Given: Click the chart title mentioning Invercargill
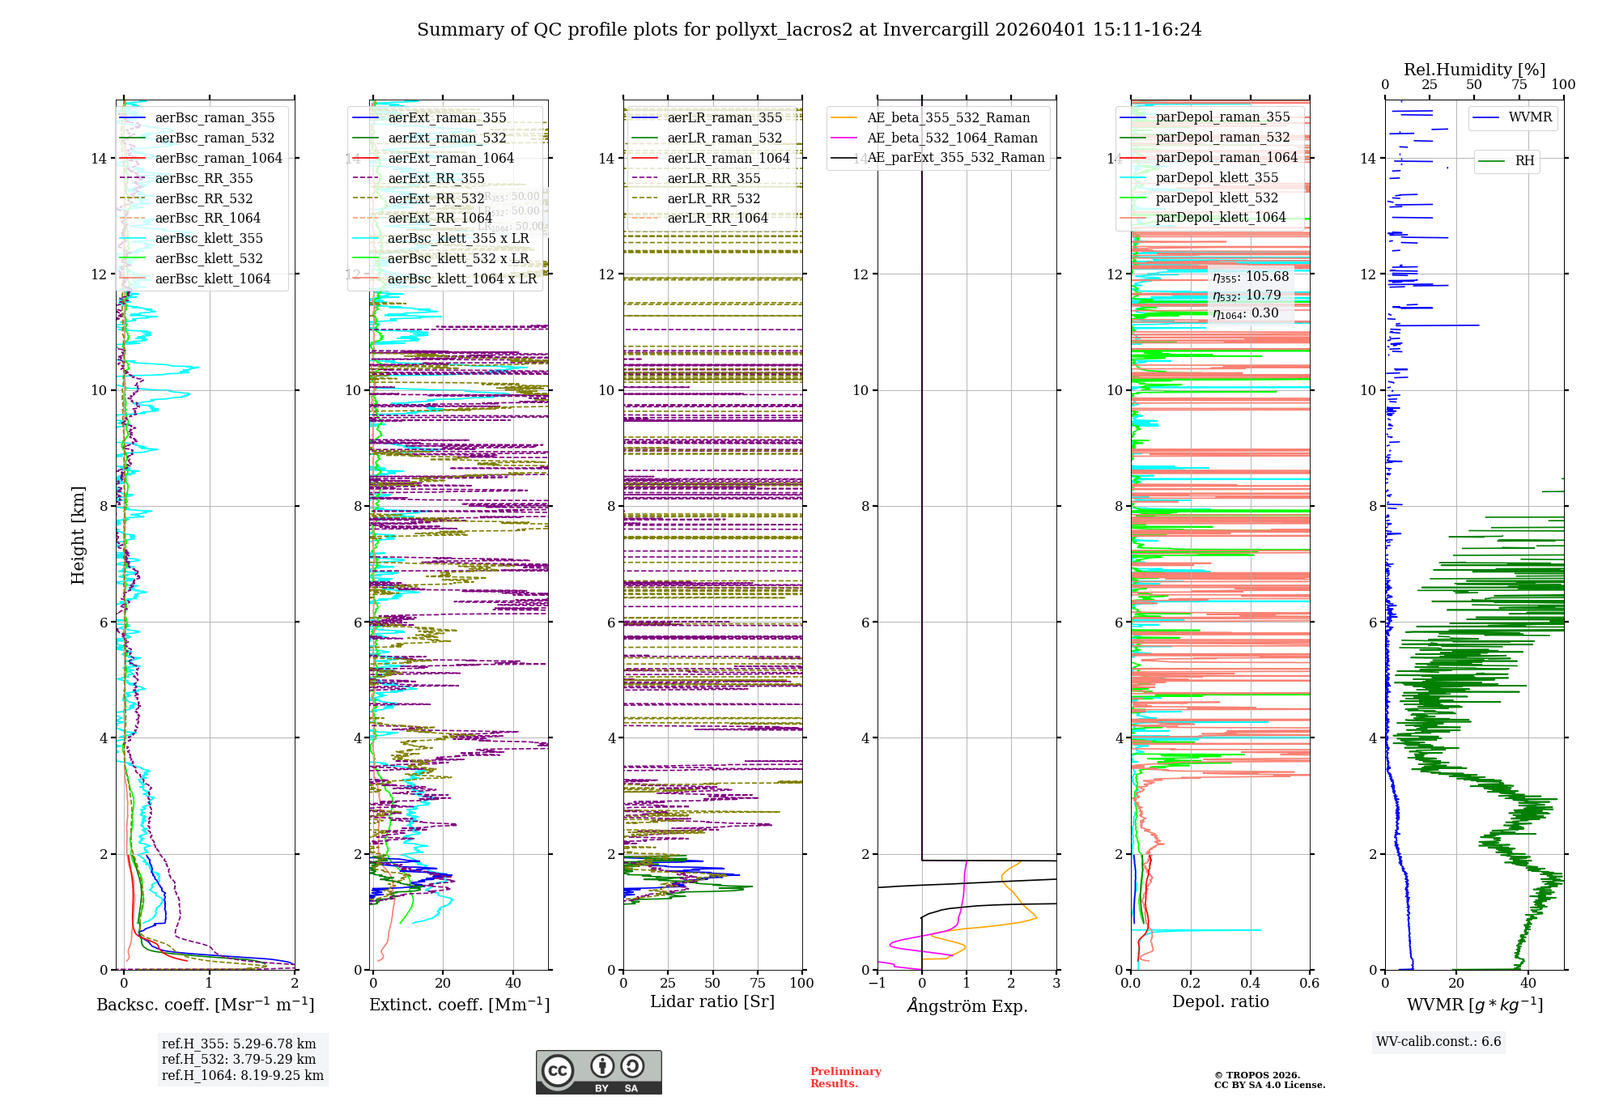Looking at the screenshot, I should tap(809, 30).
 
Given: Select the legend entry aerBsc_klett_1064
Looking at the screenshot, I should tap(213, 278).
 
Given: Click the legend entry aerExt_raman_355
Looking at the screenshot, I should tap(447, 117).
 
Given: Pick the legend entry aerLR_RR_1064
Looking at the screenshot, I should tap(717, 218).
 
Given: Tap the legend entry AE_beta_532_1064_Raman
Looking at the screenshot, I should tap(952, 138).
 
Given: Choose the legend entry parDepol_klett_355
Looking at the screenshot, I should tap(1217, 177).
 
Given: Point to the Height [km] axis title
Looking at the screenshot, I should tap(78, 535).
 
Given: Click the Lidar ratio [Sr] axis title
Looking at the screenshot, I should tap(712, 1001).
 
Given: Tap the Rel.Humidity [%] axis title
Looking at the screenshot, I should tap(1474, 70).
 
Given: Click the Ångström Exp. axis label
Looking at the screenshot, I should tap(967, 1005).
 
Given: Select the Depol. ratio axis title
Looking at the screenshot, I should tap(1220, 1001).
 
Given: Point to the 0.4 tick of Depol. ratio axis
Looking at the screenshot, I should tap(1250, 983).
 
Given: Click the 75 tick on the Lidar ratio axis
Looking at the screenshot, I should tap(758, 983).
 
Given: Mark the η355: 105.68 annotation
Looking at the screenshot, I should tap(1251, 277).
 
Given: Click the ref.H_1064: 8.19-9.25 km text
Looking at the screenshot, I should tap(242, 1075).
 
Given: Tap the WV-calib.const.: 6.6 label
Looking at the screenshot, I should tap(1438, 1041).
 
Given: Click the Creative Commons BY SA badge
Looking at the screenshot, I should tap(598, 1072).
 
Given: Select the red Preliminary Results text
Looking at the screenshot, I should tap(845, 1077).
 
